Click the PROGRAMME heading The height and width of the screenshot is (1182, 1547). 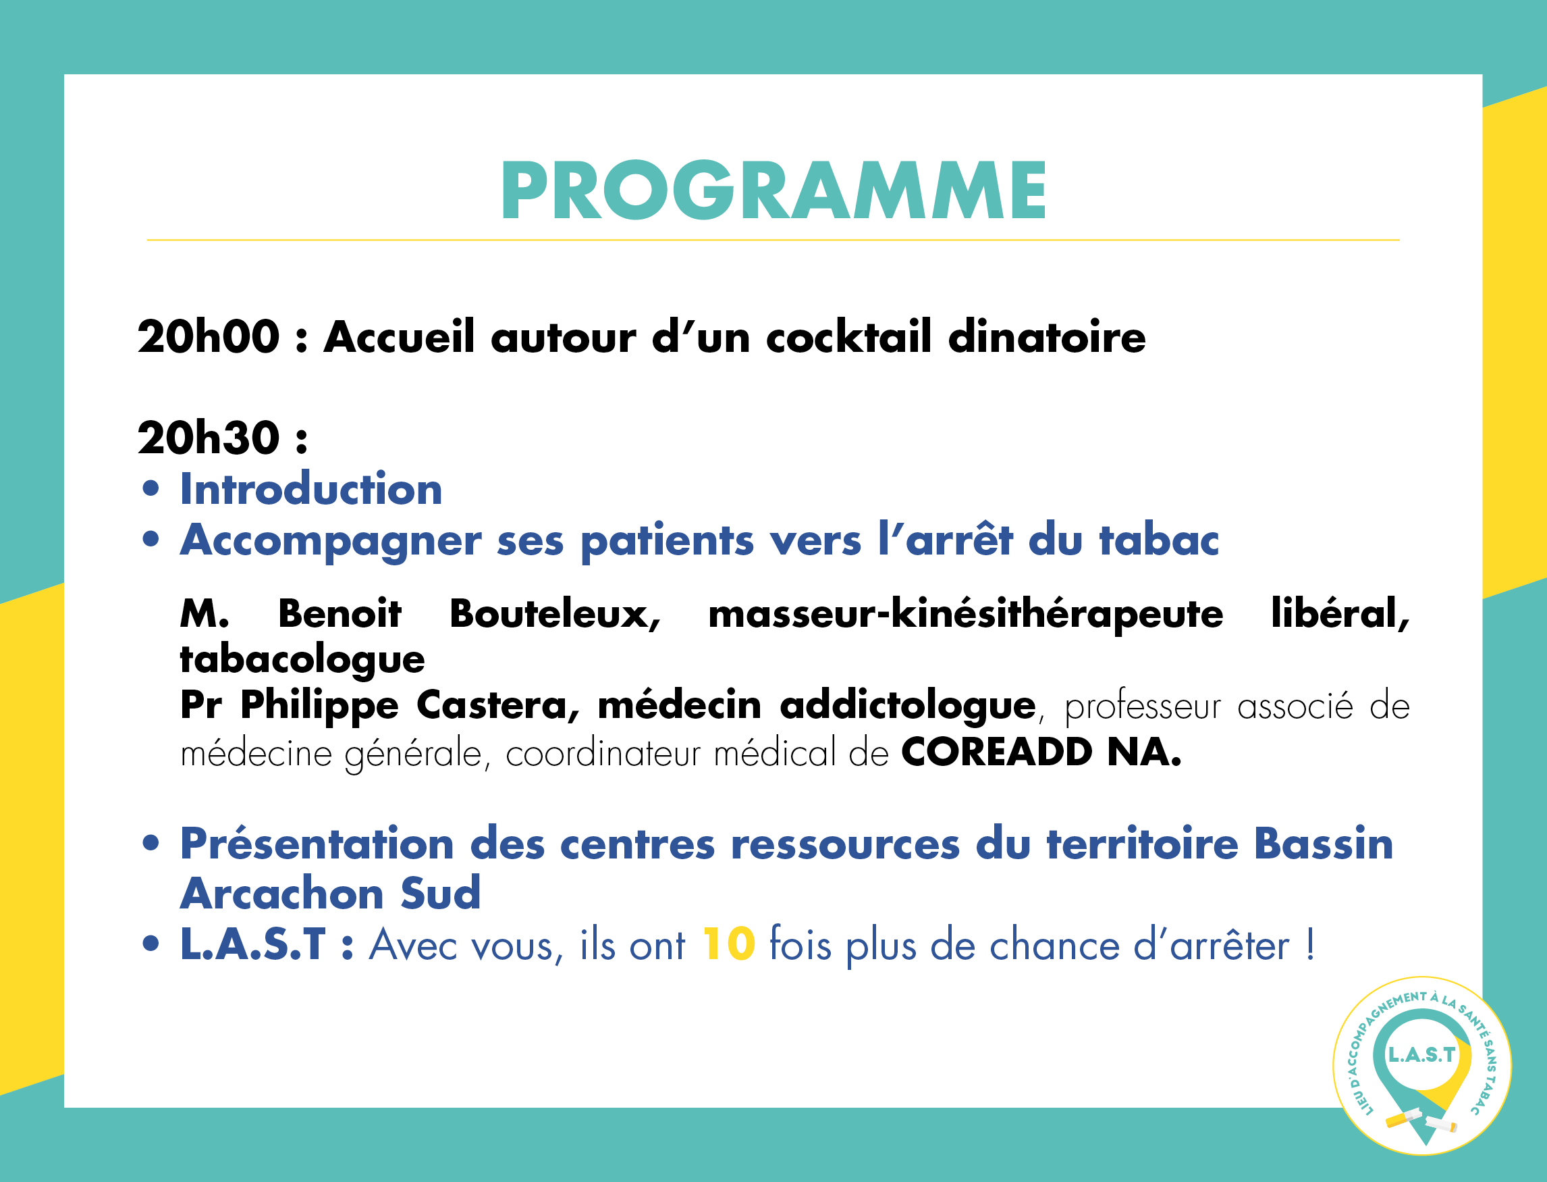click(x=774, y=190)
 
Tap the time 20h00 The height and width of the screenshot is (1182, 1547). click(x=209, y=336)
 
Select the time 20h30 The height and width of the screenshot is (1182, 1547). click(x=209, y=438)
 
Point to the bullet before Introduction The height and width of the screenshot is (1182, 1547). click(x=151, y=488)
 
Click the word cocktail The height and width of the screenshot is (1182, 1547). click(x=848, y=336)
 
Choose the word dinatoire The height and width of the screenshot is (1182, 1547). click(x=1047, y=336)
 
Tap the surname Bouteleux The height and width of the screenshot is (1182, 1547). click(x=555, y=613)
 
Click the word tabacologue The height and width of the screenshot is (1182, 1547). click(x=302, y=660)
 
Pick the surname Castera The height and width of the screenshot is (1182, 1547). click(x=499, y=705)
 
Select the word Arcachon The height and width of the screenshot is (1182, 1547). click(x=282, y=894)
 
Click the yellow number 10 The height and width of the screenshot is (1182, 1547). click(x=729, y=944)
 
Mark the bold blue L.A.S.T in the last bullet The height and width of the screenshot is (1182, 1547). click(x=253, y=944)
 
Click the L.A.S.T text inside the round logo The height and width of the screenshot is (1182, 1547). click(x=1422, y=1054)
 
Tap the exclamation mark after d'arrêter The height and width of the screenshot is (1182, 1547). click(x=1310, y=944)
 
